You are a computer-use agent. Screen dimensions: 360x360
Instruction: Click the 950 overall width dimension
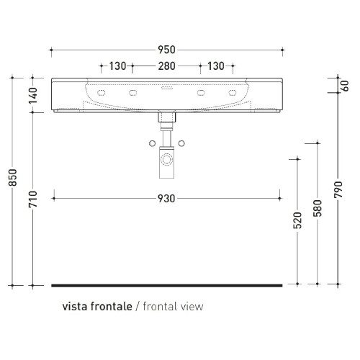pyautogui.click(x=166, y=50)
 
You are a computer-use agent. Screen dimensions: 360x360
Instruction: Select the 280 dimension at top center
pyautogui.click(x=166, y=66)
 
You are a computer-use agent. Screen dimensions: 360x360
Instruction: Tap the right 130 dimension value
pyautogui.click(x=215, y=66)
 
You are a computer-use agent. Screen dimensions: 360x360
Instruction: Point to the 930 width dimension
pyautogui.click(x=166, y=198)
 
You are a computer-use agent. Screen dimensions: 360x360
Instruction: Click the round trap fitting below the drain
pyautogui.click(x=167, y=157)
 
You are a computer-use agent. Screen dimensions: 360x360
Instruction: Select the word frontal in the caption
pyautogui.click(x=158, y=306)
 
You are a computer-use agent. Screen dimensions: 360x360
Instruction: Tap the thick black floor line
pyautogui.click(x=166, y=285)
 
